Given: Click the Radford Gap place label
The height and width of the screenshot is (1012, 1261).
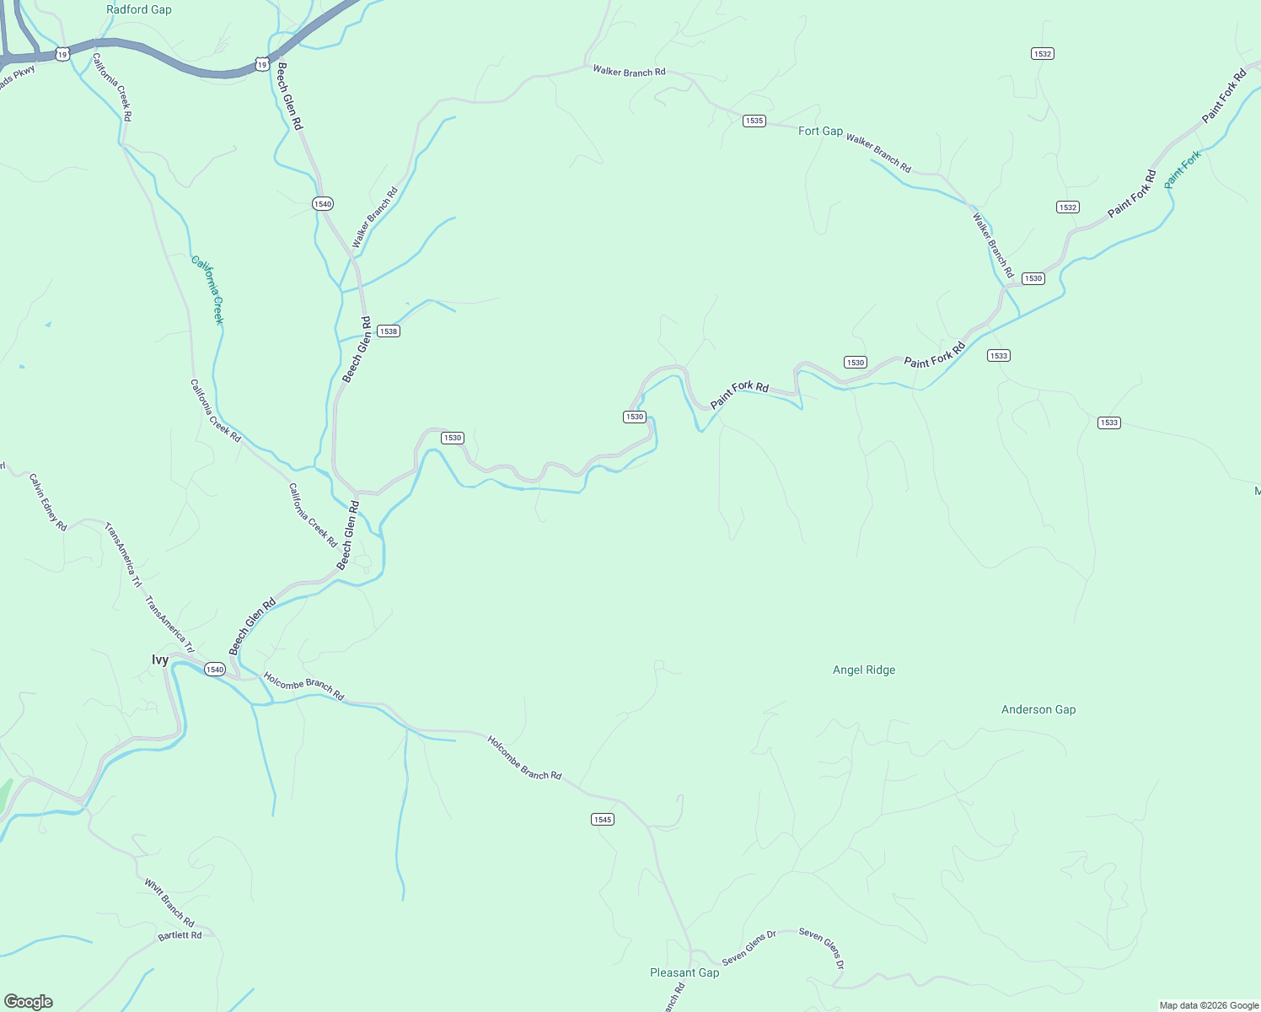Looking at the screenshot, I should pos(139,10).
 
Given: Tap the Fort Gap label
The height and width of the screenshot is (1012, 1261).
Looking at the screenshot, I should pos(820,131).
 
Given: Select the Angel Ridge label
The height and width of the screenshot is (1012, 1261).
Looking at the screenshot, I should pos(864,670).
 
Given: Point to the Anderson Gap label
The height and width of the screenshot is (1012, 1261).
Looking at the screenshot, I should pos(1038,709).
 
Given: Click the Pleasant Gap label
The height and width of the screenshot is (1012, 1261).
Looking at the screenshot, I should pos(684,972).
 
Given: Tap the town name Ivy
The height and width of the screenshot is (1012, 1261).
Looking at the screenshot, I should pos(160,659).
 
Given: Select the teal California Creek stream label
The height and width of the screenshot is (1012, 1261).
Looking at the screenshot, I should pos(207,290).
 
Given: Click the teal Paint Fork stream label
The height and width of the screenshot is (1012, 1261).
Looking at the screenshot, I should pos(1183,170).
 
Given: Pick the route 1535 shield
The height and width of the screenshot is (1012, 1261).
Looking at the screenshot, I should pos(754,121).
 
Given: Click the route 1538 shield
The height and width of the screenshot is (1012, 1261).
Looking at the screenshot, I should pos(388,331).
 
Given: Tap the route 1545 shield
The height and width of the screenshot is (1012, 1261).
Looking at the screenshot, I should pos(603,819).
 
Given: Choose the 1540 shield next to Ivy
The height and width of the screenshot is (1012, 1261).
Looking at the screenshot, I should pos(215,670).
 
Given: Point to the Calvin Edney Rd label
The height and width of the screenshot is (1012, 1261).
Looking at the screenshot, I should pos(48,502).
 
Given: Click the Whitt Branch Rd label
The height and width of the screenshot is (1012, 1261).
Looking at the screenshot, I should pos(169,902).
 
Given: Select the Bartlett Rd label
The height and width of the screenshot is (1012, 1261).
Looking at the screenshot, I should pos(180,935).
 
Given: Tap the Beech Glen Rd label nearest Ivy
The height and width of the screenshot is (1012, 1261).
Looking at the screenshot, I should pos(253,627).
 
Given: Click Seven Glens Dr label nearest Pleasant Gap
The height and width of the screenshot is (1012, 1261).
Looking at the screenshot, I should pos(749,948).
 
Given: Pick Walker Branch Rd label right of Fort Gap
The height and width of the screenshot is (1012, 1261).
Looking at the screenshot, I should pos(878,153).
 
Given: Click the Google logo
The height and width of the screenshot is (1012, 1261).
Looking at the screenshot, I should pos(29,1002).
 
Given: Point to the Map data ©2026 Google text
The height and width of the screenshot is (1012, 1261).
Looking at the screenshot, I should pos(1209,1005).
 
